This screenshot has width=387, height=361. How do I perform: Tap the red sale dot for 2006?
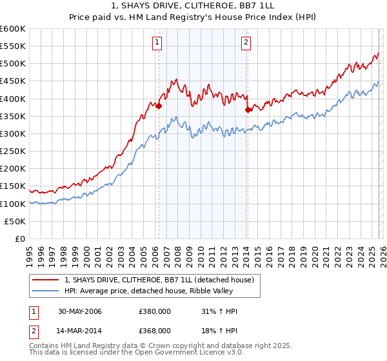point(159,106)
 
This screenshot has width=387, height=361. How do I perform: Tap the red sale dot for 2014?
point(248,110)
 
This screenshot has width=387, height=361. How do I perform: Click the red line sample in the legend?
point(46,280)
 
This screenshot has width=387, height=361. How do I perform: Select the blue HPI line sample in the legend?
point(46,291)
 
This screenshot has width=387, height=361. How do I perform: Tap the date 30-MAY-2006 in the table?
point(80,312)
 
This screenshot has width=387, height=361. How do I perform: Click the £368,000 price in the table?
point(154,330)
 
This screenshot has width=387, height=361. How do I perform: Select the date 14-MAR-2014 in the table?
point(80,330)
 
